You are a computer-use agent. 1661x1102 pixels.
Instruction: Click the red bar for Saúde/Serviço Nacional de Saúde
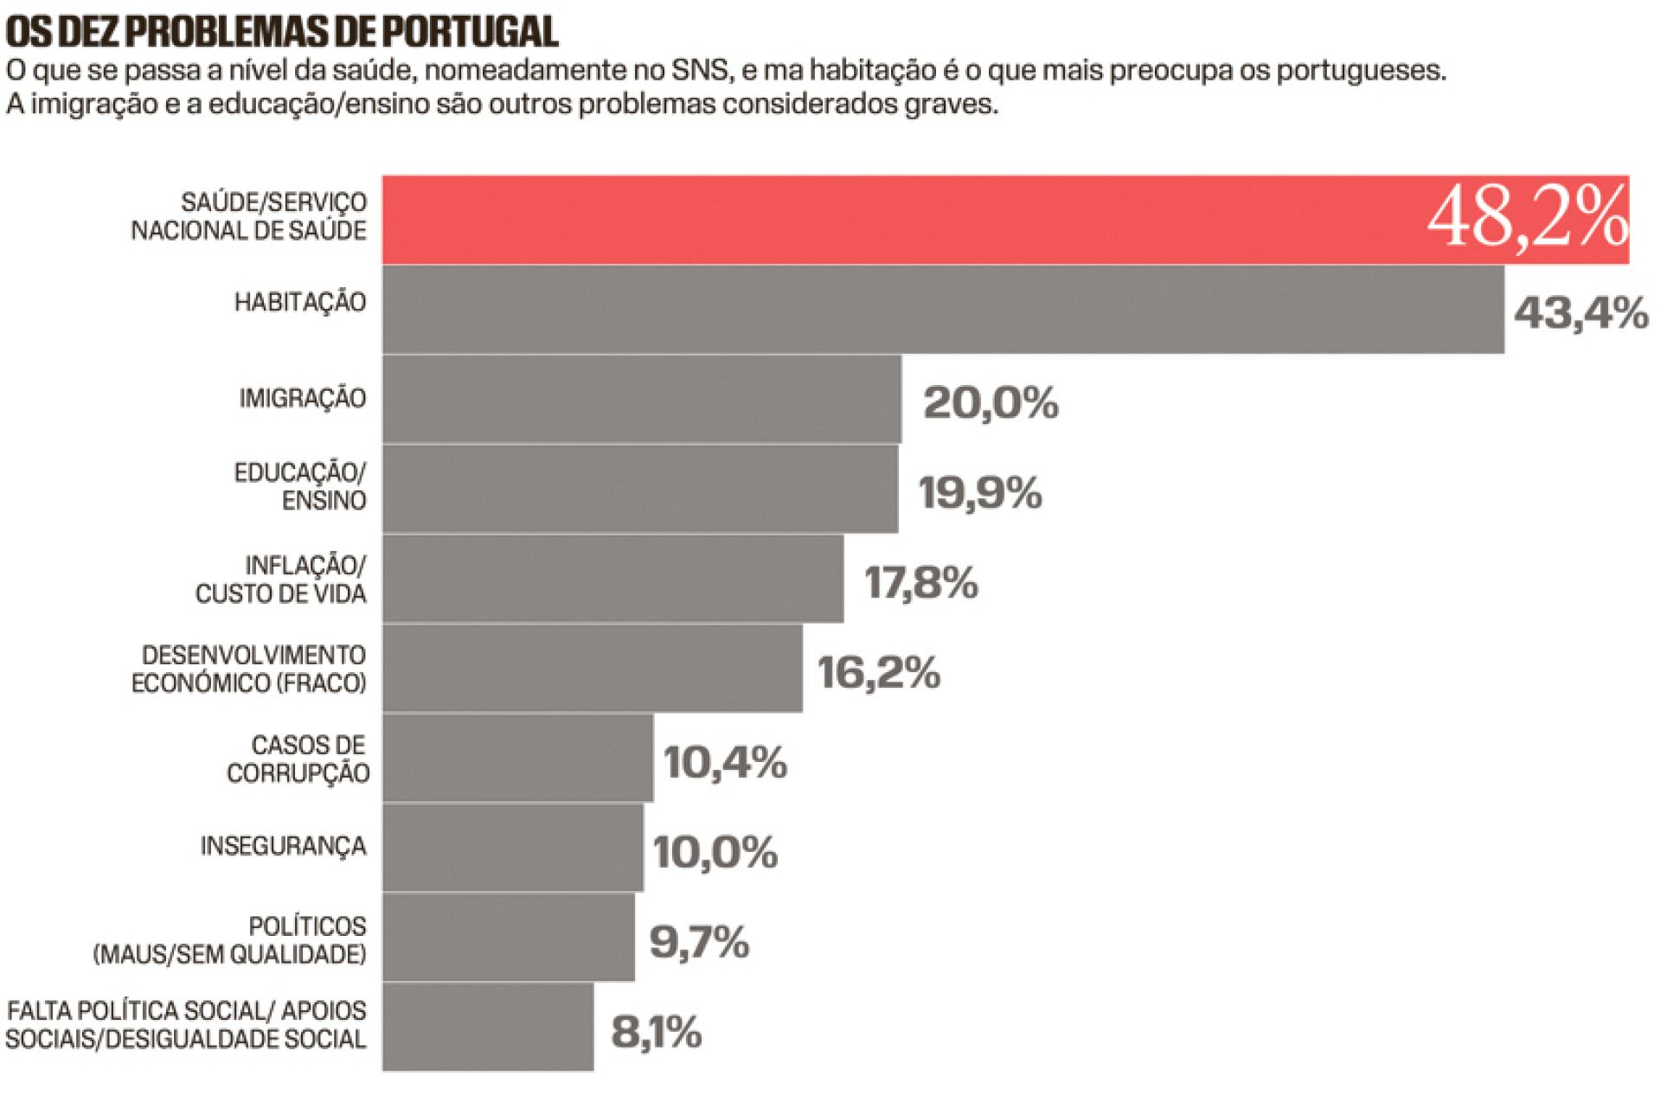pyautogui.click(x=900, y=220)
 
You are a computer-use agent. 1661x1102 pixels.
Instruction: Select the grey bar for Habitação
pyautogui.click(x=943, y=310)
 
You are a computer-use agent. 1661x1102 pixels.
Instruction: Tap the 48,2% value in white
pyautogui.click(x=1527, y=218)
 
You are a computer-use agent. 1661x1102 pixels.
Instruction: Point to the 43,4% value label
pyautogui.click(x=1581, y=312)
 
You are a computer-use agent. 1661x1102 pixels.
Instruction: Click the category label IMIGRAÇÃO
pyautogui.click(x=303, y=399)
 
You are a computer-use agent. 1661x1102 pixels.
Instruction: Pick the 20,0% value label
pyautogui.click(x=991, y=403)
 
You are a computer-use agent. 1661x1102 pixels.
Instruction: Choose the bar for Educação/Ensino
pyautogui.click(x=640, y=489)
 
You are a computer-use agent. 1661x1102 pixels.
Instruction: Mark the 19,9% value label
pyautogui.click(x=979, y=493)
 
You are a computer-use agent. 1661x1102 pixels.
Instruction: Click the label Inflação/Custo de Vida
pyautogui.click(x=281, y=580)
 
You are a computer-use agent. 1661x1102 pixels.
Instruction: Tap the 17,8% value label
pyautogui.click(x=920, y=583)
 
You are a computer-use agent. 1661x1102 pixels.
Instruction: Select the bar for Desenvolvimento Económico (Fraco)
pyautogui.click(x=593, y=669)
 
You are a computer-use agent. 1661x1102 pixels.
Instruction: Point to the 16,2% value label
pyautogui.click(x=878, y=673)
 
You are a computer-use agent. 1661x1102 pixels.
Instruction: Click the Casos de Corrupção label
pyautogui.click(x=298, y=759)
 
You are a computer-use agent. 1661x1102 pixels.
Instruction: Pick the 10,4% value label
pyautogui.click(x=725, y=763)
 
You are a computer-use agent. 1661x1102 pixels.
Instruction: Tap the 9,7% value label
pyautogui.click(x=698, y=942)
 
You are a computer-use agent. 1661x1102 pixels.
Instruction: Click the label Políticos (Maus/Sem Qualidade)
pyautogui.click(x=230, y=940)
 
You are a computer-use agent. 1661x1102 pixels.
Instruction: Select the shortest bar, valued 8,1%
pyautogui.click(x=488, y=1028)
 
